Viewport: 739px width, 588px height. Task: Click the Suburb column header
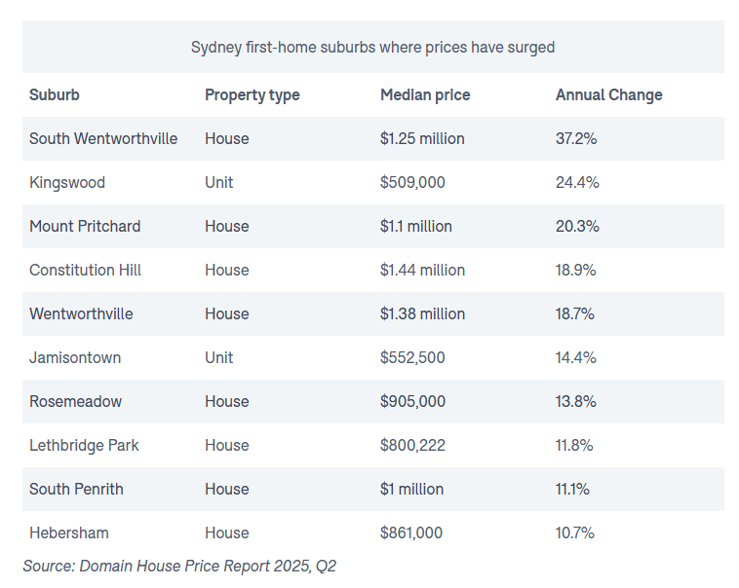pyautogui.click(x=55, y=95)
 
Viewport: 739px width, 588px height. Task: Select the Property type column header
pyautogui.click(x=252, y=95)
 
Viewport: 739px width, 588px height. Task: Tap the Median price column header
pyautogui.click(x=425, y=95)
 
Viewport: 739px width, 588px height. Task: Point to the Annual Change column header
pyautogui.click(x=608, y=95)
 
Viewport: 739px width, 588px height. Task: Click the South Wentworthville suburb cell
pyautogui.click(x=103, y=139)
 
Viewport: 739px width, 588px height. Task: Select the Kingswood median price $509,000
pyautogui.click(x=412, y=183)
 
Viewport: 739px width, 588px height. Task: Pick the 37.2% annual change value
pyautogui.click(x=576, y=139)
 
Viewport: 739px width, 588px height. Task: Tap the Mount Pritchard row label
pyautogui.click(x=85, y=227)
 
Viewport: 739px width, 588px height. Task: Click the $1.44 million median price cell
pyautogui.click(x=422, y=271)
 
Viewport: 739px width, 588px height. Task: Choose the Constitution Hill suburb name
pyautogui.click(x=85, y=271)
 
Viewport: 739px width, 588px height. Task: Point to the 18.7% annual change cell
pyautogui.click(x=575, y=314)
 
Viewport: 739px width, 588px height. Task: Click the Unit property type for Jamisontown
pyautogui.click(x=218, y=358)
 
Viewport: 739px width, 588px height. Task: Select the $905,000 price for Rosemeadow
pyautogui.click(x=412, y=402)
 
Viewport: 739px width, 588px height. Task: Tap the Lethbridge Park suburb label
pyautogui.click(x=84, y=446)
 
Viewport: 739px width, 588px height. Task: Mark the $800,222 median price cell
pyautogui.click(x=412, y=446)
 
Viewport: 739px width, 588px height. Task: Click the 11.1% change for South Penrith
pyautogui.click(x=572, y=490)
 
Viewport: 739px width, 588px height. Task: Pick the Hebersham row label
pyautogui.click(x=69, y=533)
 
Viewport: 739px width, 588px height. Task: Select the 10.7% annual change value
pyautogui.click(x=575, y=533)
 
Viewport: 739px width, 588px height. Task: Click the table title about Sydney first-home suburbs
pyautogui.click(x=372, y=47)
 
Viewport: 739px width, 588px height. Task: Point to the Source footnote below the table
pyautogui.click(x=179, y=566)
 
